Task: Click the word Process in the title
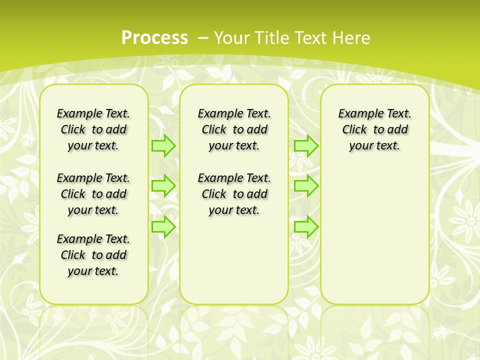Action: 154,37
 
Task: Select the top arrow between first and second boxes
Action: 163,145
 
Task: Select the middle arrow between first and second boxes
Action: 163,186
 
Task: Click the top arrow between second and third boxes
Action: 306,145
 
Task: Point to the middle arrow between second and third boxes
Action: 306,186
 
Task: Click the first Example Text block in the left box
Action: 93,129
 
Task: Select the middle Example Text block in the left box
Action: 93,194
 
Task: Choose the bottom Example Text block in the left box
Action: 93,255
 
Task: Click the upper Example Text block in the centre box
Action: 234,129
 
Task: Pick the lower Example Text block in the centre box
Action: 234,194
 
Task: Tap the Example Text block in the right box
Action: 375,129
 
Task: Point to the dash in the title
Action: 203,37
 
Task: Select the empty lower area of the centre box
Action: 234,260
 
